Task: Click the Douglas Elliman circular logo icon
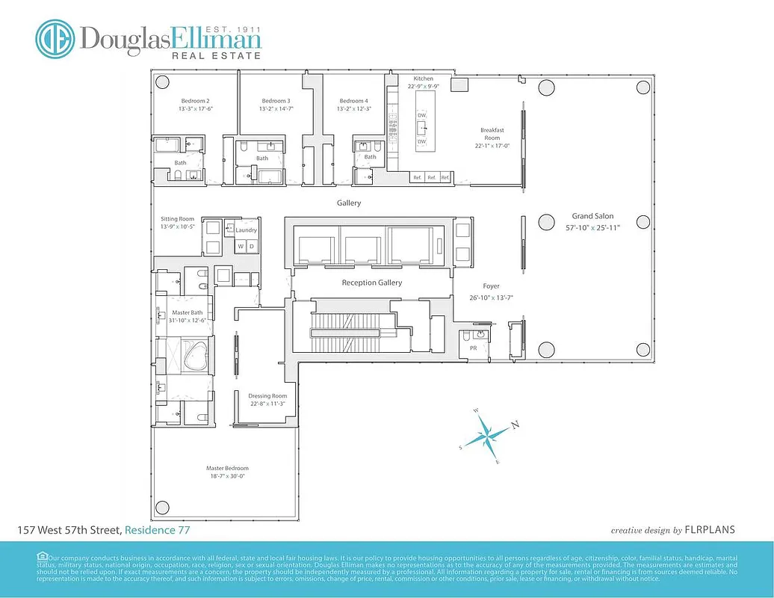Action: pos(56,40)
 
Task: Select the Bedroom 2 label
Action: pos(195,101)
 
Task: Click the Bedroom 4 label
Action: pos(353,101)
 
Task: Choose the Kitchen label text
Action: pos(424,78)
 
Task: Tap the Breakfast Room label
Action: pos(492,134)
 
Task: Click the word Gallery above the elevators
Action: pos(349,203)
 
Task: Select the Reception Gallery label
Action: pos(371,283)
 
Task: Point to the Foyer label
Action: pos(491,286)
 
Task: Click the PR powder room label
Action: pos(473,348)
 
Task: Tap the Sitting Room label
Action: pos(177,219)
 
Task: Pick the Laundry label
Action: pos(246,231)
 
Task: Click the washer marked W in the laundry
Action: pos(241,246)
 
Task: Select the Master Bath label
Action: pos(187,312)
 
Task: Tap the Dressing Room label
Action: pos(268,396)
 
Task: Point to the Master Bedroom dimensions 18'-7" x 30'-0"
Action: pos(226,476)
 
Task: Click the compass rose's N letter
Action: pos(515,425)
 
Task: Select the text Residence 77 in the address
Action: pos(157,530)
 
